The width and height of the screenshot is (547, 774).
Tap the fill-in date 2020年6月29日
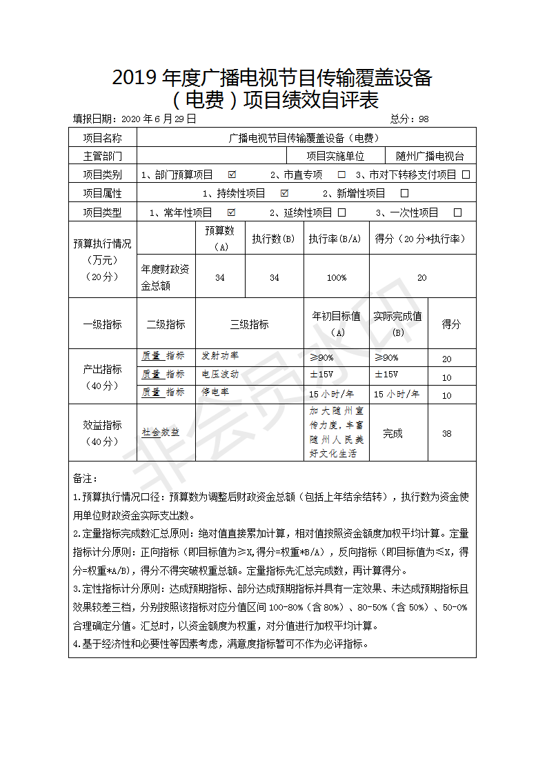pos(159,119)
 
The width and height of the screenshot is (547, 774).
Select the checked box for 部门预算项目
pos(232,175)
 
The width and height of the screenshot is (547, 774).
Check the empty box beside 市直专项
pos(341,175)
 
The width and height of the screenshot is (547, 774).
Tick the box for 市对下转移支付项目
pos(466,175)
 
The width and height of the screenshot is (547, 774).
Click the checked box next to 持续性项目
pos(285,193)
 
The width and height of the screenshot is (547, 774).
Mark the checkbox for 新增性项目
pos(405,193)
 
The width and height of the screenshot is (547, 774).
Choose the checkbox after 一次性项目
pos(457,212)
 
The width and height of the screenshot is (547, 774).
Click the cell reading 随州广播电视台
pos(430,156)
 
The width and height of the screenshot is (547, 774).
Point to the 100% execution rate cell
pos(337,277)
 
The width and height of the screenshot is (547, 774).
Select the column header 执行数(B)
pos(273,239)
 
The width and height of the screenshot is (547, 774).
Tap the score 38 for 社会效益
pos(447,433)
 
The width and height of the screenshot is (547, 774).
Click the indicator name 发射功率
pos(220,356)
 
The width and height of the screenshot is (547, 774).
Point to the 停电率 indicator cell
pos(215,393)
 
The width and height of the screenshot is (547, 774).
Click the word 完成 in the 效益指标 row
pos(392,433)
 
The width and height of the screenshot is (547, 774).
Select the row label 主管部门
pos(103,156)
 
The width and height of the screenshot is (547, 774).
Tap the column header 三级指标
pos(249,324)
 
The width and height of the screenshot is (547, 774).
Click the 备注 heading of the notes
pos(86,478)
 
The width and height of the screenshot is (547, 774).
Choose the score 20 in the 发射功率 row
pos(447,359)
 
